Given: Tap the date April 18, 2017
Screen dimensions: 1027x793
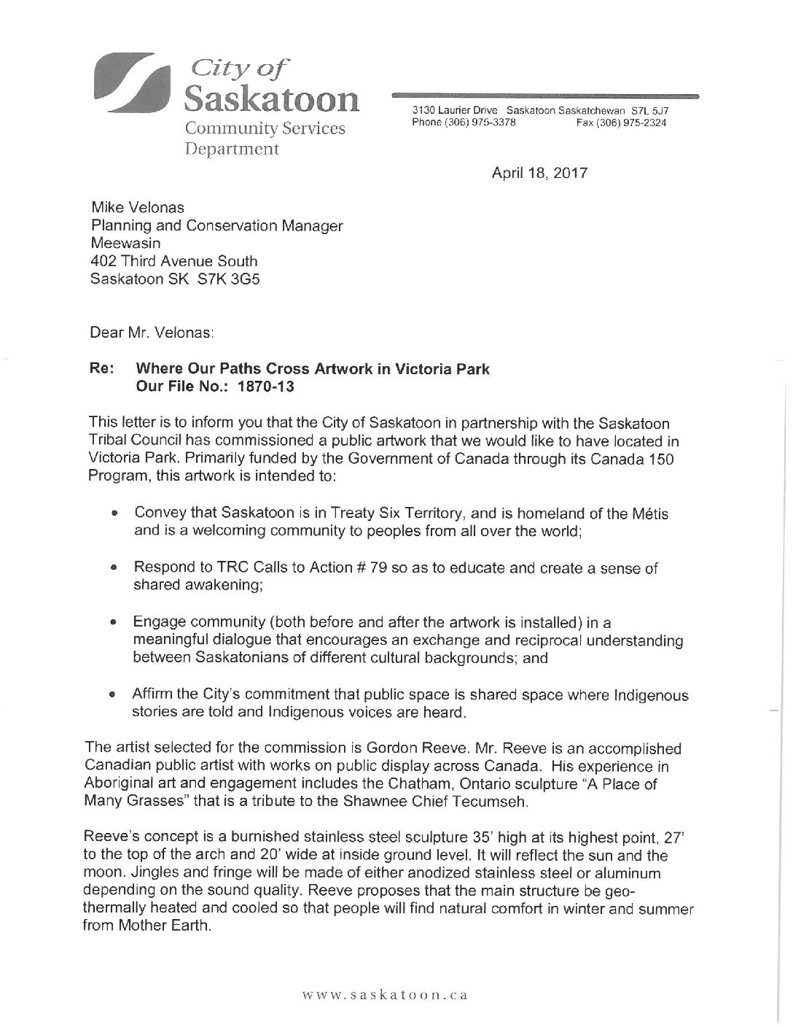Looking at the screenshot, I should coord(539,174).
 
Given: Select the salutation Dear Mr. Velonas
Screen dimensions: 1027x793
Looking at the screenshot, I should coord(152,333).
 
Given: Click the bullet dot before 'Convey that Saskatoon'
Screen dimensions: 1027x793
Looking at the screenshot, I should coord(114,514).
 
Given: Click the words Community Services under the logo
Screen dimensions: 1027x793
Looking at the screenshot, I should coord(265,128).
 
